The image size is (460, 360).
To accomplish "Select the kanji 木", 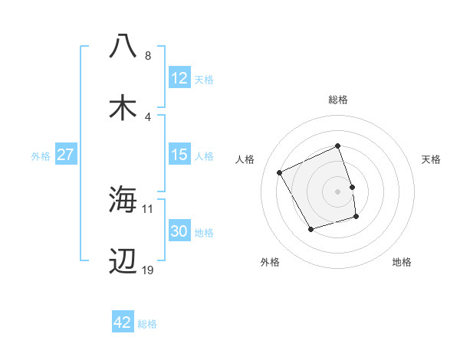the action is pyautogui.click(x=123, y=108).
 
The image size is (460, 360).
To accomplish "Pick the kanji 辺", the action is pyautogui.click(x=123, y=261).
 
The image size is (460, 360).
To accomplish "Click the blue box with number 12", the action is pyautogui.click(x=179, y=78).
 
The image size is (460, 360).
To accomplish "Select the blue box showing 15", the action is pyautogui.click(x=179, y=155).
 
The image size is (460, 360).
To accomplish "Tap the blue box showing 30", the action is pyautogui.click(x=179, y=231).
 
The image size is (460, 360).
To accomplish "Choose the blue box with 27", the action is pyautogui.click(x=66, y=155).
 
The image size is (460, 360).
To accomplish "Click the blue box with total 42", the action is pyautogui.click(x=123, y=323).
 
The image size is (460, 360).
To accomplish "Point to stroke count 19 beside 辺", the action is pyautogui.click(x=148, y=270).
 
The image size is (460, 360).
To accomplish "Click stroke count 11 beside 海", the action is pyautogui.click(x=148, y=208).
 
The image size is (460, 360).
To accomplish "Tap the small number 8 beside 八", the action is pyautogui.click(x=148, y=56).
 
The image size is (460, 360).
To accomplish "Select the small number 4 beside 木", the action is pyautogui.click(x=148, y=117).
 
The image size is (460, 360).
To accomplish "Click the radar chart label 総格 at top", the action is pyautogui.click(x=338, y=100).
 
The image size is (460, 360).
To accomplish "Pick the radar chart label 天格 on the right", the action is pyautogui.click(x=432, y=159).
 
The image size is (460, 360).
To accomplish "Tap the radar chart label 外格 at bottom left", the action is pyautogui.click(x=270, y=262).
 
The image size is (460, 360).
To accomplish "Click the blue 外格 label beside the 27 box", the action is pyautogui.click(x=41, y=156).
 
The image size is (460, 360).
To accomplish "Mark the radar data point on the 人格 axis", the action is pyautogui.click(x=281, y=172).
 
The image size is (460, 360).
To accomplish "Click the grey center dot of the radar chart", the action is pyautogui.click(x=338, y=191).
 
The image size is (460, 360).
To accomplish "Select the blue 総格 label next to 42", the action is pyautogui.click(x=147, y=324).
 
